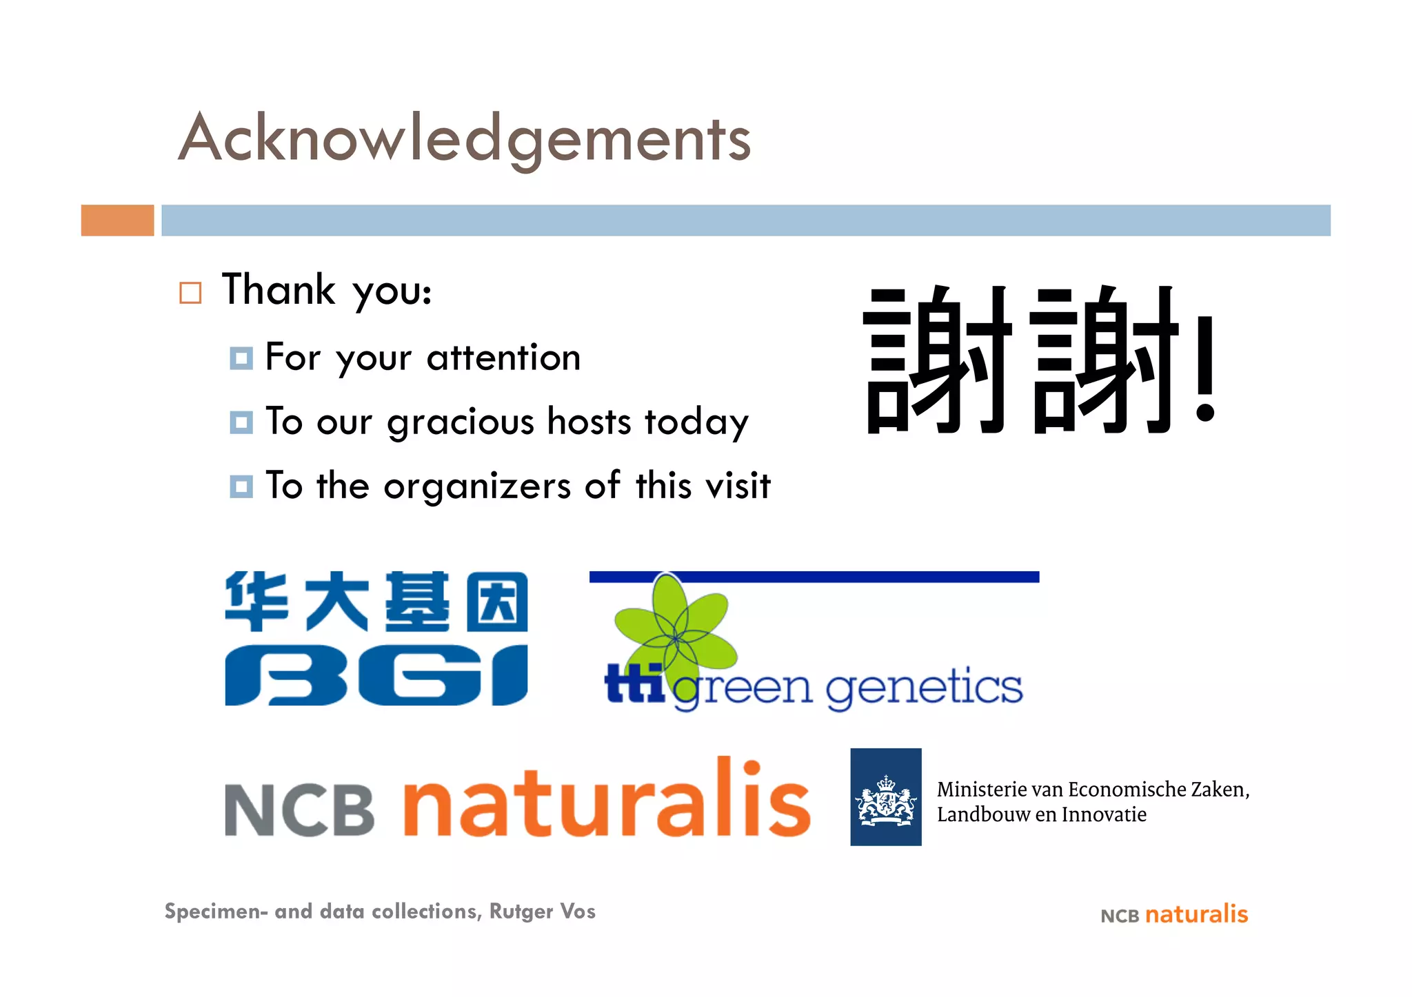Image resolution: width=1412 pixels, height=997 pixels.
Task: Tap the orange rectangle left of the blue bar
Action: click(x=117, y=220)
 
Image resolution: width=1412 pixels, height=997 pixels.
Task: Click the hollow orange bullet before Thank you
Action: click(x=190, y=293)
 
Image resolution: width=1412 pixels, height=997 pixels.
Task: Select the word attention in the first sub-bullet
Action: click(x=503, y=358)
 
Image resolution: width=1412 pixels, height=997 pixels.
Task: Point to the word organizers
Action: click(x=477, y=486)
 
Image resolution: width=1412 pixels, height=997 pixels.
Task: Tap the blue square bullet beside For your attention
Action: click(x=241, y=358)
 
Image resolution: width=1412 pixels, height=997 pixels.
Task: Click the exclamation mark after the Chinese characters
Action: click(x=1204, y=369)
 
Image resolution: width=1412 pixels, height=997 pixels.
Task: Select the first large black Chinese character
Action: click(x=937, y=360)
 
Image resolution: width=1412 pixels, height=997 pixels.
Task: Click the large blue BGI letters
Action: click(x=376, y=675)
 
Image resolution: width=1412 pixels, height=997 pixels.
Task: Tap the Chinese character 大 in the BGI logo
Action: click(x=337, y=602)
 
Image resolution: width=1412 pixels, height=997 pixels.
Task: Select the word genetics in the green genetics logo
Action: click(x=924, y=687)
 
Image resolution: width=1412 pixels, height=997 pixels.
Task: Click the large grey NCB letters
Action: click(x=299, y=810)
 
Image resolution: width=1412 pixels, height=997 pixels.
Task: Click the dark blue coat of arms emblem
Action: click(x=885, y=797)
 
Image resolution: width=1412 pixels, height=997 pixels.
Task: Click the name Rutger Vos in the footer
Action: click(x=542, y=911)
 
